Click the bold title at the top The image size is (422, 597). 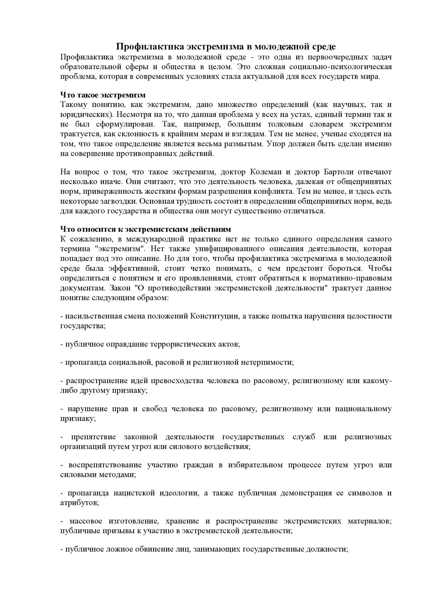[226, 46]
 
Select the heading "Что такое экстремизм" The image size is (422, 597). [103, 95]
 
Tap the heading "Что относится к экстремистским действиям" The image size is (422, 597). [146, 229]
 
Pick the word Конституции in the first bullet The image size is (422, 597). [214, 316]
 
